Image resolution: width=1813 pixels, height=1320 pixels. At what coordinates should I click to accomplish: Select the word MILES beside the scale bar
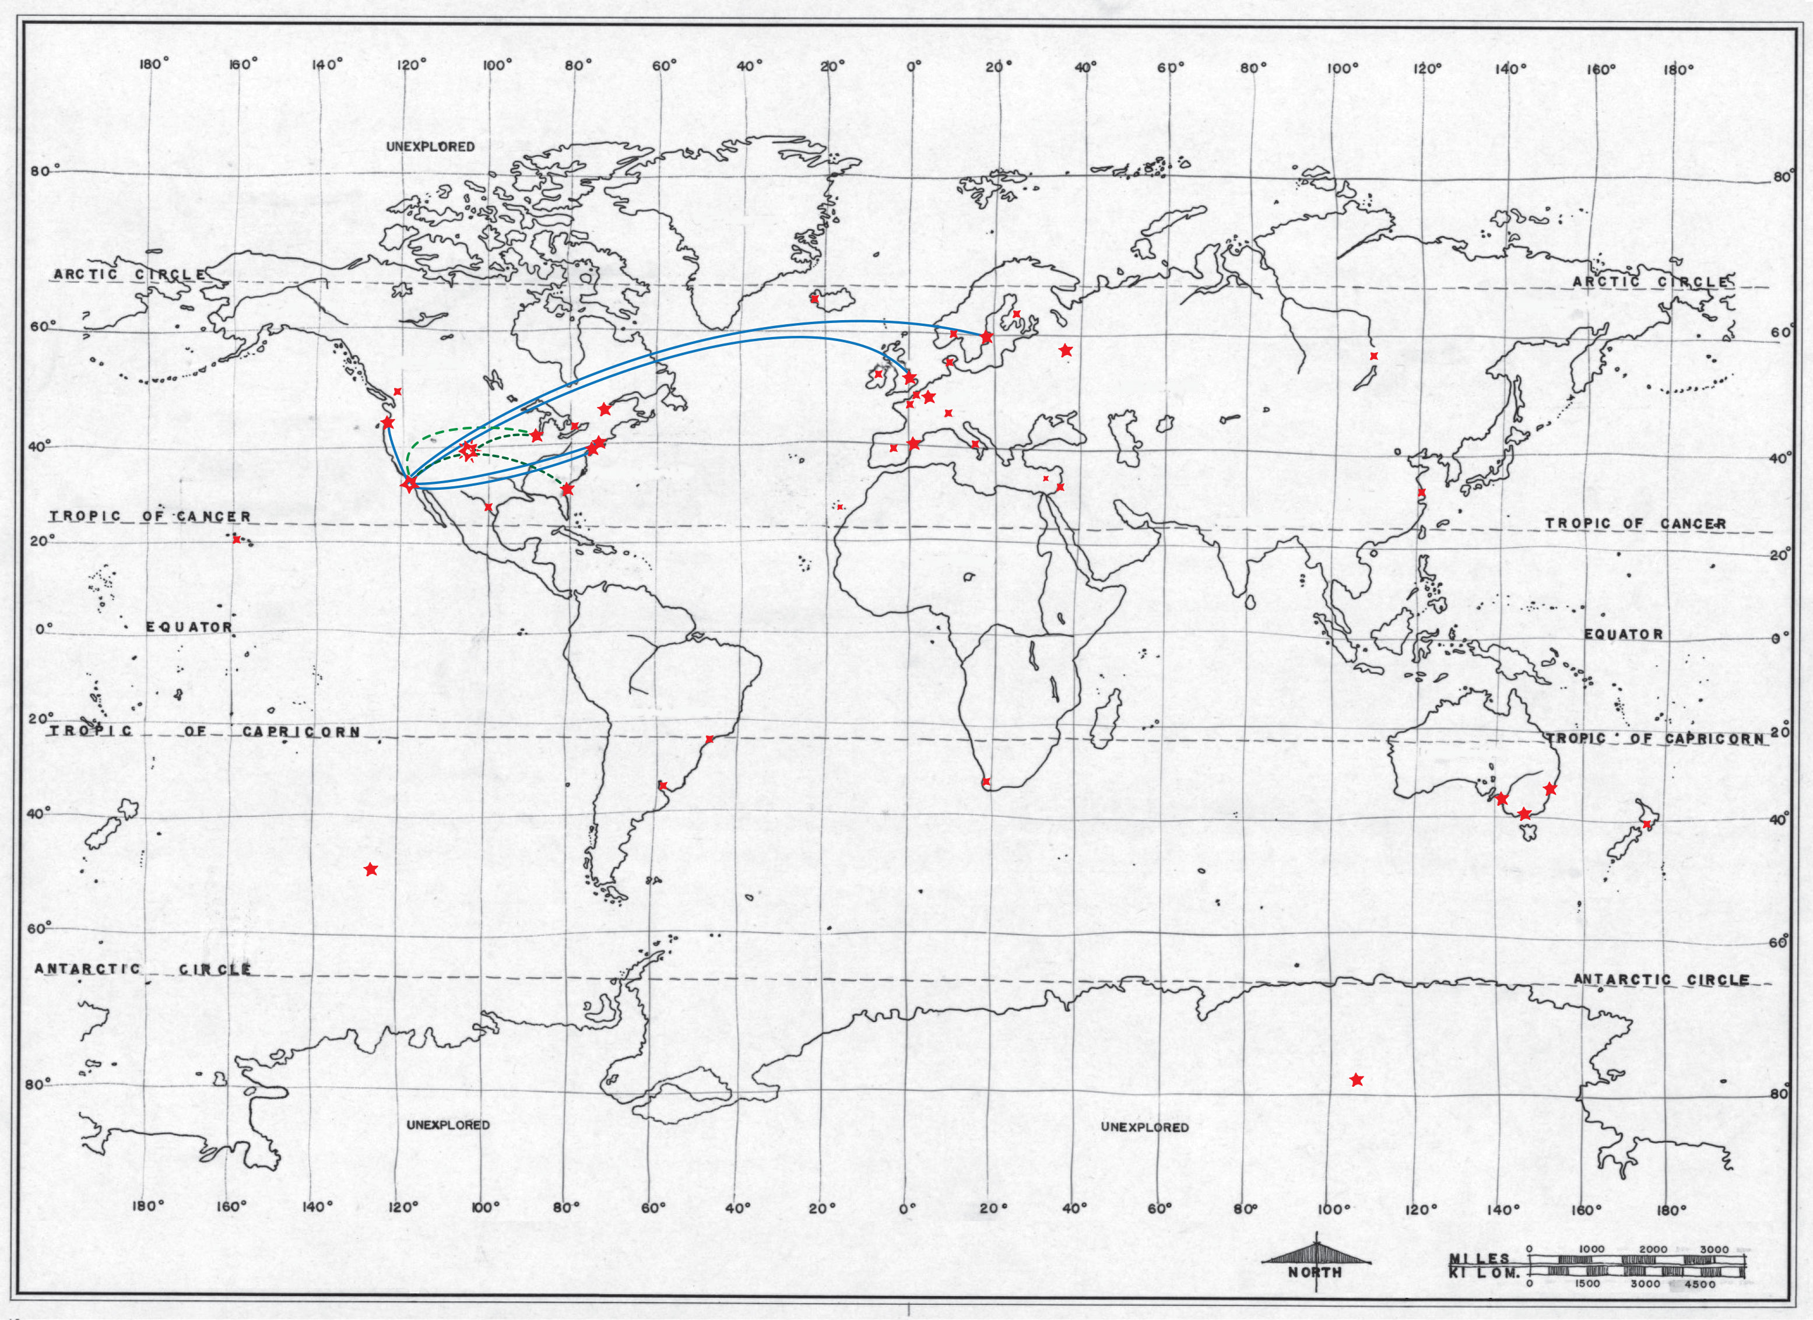(x=1480, y=1258)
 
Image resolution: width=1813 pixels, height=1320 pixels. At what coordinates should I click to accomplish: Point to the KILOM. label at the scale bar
(x=1484, y=1273)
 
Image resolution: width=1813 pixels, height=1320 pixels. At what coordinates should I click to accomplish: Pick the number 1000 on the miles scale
(x=1591, y=1249)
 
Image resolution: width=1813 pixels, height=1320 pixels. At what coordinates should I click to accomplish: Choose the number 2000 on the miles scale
(x=1653, y=1249)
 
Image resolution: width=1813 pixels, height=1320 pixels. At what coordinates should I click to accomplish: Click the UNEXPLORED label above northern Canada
(x=430, y=146)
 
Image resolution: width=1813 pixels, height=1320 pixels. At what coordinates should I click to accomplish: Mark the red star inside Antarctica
(x=1357, y=1080)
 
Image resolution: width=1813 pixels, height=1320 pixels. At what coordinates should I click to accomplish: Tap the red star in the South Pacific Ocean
(x=370, y=869)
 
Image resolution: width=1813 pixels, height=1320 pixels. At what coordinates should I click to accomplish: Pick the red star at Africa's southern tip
(x=986, y=781)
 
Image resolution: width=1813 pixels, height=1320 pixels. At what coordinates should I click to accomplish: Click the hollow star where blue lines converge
(x=409, y=485)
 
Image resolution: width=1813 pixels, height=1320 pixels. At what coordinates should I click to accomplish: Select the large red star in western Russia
(x=1066, y=350)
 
